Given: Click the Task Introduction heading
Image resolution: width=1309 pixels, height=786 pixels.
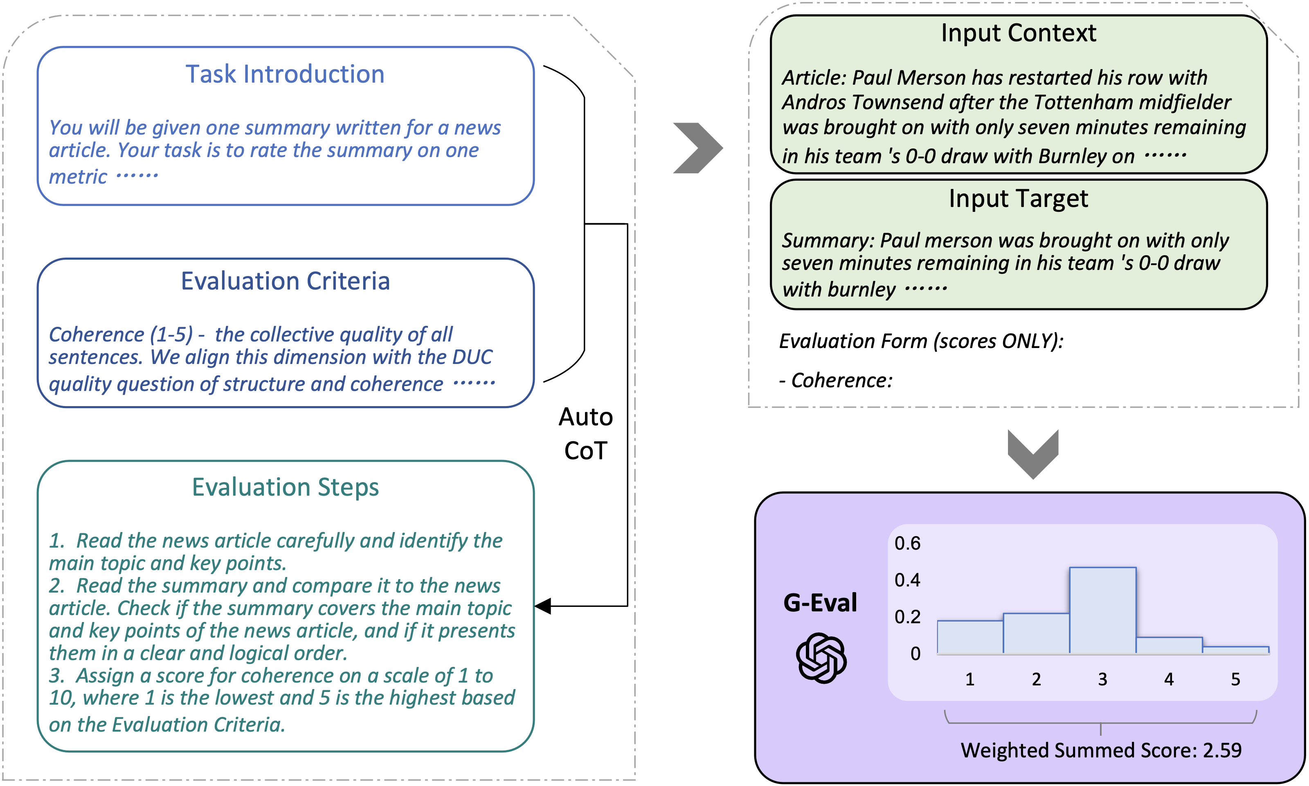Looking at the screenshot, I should [x=285, y=74].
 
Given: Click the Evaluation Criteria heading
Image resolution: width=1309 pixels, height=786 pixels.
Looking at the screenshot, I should [x=285, y=281].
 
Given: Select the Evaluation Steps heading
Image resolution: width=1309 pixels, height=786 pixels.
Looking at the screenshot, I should [x=285, y=487].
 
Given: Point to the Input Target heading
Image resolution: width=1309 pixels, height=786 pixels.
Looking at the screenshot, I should [x=1018, y=199].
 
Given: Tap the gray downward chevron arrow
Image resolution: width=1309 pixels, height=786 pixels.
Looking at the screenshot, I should [x=1032, y=454].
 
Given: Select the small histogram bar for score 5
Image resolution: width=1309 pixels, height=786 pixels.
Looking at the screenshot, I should [x=1235, y=650].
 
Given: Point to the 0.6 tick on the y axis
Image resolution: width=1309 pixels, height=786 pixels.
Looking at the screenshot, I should [x=907, y=543].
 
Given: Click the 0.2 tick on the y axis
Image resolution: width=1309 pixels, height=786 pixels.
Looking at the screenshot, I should [x=907, y=617].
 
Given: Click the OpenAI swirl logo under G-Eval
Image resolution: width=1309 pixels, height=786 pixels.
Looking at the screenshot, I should [x=821, y=658].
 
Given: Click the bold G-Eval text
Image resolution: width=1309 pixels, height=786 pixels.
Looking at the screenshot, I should [x=820, y=603].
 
